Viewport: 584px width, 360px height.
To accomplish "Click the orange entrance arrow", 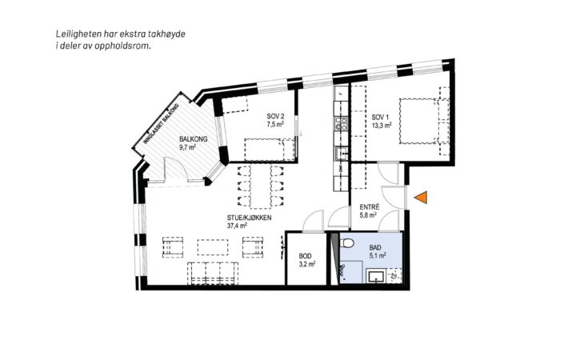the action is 422,198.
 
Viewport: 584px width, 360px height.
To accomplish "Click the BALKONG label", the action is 194,139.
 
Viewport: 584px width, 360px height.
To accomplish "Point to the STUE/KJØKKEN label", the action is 249,218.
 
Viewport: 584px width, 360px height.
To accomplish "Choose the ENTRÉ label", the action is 370,207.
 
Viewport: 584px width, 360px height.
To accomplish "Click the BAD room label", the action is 375,247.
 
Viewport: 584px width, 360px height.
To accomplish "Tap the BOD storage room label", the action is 305,256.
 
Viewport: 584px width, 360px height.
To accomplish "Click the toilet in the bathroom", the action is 346,243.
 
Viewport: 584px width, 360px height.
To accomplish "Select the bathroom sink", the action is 376,277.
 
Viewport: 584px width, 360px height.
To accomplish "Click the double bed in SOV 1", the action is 419,121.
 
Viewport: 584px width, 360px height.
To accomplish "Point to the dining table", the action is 261,187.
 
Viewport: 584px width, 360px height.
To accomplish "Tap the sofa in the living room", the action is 213,274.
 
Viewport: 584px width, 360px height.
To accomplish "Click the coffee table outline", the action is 213,247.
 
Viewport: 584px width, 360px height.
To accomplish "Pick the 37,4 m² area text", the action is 238,226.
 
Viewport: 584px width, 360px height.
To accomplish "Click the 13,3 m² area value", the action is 382,126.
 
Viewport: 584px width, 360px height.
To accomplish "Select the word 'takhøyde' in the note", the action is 167,34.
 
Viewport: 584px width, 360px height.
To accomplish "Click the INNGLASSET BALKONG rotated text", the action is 162,123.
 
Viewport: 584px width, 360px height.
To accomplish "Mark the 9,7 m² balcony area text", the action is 188,147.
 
